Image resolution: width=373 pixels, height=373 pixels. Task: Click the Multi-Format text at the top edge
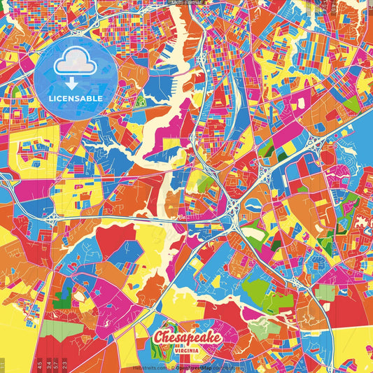[186, 3]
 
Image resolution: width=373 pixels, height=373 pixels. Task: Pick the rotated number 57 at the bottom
[56, 365]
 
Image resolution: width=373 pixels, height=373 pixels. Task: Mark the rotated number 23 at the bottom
[65, 365]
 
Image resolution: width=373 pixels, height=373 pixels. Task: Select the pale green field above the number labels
[56, 330]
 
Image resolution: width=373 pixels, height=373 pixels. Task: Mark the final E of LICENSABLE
[100, 99]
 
